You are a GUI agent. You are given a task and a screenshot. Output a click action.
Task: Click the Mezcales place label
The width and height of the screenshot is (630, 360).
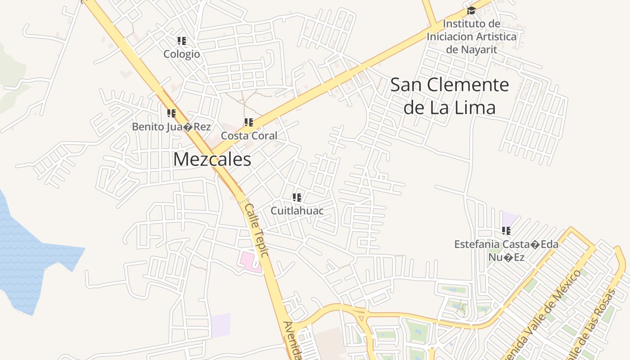(x=212, y=159)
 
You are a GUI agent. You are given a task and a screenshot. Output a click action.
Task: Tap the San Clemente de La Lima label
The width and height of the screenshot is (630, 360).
(x=450, y=96)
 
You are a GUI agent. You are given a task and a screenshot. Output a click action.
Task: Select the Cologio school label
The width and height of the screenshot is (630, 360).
(x=181, y=54)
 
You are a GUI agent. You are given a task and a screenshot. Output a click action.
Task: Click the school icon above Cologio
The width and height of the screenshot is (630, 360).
(x=182, y=41)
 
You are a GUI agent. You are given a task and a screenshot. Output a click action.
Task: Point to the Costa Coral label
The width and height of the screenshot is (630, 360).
(x=249, y=135)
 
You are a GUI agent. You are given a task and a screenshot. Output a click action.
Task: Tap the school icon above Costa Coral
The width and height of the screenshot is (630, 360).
(x=249, y=122)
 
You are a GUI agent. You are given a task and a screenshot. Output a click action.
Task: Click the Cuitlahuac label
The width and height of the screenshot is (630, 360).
(x=297, y=210)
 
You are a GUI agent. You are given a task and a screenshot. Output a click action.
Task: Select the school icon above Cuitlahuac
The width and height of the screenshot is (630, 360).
(x=297, y=198)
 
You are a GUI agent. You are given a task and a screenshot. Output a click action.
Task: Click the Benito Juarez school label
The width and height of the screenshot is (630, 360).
(x=171, y=127)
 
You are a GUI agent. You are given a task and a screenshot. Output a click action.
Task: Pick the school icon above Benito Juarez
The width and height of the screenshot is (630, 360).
(x=171, y=113)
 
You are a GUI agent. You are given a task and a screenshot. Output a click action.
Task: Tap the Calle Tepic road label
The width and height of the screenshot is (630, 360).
(x=256, y=230)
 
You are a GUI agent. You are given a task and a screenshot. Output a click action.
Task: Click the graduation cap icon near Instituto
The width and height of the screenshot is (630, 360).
(x=471, y=11)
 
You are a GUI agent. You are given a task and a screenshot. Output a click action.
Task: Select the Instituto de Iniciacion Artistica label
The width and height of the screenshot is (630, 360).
(x=471, y=36)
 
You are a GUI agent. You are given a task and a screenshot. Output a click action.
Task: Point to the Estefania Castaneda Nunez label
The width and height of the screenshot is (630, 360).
(x=506, y=251)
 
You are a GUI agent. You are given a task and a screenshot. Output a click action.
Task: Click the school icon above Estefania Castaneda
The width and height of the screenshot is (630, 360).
(x=506, y=231)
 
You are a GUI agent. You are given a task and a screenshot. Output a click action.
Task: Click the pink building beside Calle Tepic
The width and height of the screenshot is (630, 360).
(x=249, y=261)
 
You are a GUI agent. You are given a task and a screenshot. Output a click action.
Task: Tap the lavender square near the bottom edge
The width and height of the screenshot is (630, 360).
(x=220, y=325)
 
